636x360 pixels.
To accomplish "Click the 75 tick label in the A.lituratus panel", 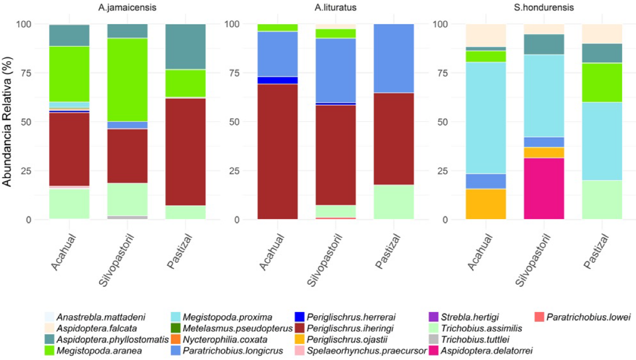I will point(232,74).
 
